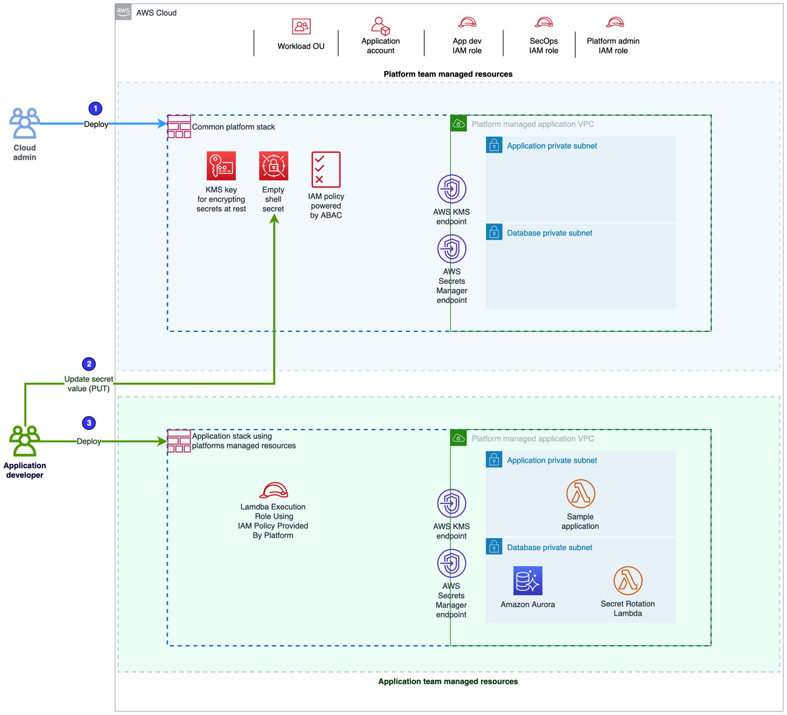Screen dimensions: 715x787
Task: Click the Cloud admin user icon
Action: pos(25,123)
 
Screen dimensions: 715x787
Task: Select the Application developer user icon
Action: pos(25,440)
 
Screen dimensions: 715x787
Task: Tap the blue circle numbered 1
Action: pos(95,109)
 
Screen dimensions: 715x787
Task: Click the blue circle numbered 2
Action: pos(89,364)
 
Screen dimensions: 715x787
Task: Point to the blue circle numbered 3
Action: pos(89,423)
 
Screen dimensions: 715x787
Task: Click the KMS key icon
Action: pos(221,166)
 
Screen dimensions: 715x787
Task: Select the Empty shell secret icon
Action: pos(273,166)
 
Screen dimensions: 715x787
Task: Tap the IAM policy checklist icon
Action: pos(326,170)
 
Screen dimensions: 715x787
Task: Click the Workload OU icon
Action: pos(301,26)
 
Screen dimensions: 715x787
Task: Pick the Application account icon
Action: pos(380,25)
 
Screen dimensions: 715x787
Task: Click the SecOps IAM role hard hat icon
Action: pos(544,23)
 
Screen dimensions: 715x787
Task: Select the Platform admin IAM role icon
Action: pos(614,23)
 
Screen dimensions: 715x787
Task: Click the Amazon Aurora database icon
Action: pos(527,580)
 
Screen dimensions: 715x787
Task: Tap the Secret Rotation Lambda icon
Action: pos(628,580)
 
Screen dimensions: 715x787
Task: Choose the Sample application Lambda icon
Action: pos(580,493)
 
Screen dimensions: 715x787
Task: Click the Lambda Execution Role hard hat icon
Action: pos(273,490)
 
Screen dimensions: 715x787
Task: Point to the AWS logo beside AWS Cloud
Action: pos(123,12)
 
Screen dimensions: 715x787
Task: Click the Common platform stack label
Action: pos(233,127)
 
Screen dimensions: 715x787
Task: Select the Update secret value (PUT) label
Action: pos(89,384)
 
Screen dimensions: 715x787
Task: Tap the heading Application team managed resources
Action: pos(448,681)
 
